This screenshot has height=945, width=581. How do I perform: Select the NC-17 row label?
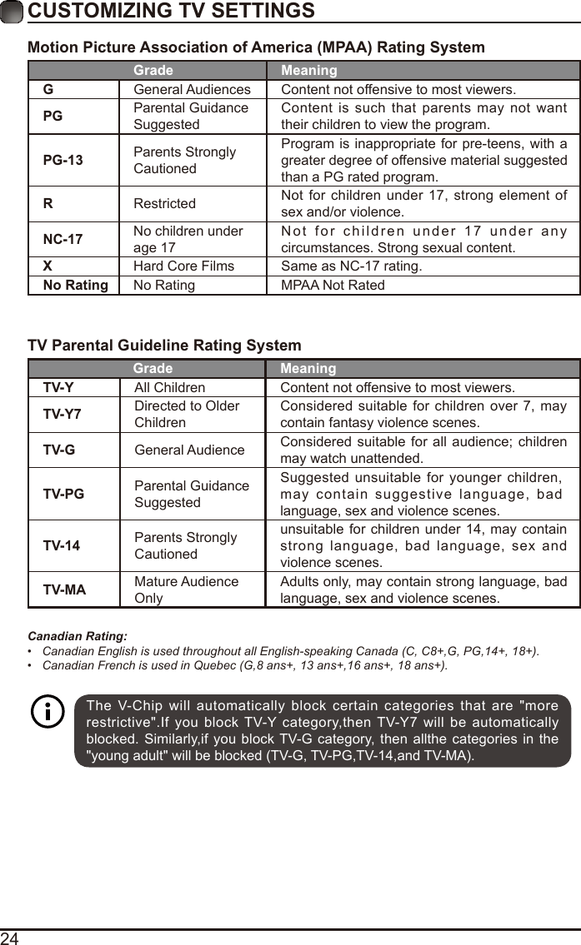(x=63, y=240)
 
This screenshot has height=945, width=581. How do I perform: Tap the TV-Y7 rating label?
(x=63, y=415)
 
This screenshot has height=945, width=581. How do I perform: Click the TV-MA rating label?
(x=64, y=590)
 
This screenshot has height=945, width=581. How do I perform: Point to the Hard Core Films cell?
(x=184, y=266)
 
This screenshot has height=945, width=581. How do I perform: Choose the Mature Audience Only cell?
(x=187, y=590)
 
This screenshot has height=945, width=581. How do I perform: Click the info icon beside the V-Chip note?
(x=48, y=713)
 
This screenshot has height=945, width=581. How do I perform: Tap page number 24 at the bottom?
(x=10, y=938)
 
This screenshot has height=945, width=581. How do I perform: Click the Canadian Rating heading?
(x=78, y=636)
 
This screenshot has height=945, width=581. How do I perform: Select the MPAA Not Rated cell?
(x=333, y=286)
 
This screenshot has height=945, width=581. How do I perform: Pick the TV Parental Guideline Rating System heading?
(x=165, y=346)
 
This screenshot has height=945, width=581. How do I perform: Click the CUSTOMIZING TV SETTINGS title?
(x=171, y=11)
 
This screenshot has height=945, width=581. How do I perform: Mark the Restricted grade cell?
(x=165, y=204)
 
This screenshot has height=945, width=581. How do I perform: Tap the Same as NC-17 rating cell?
(x=351, y=266)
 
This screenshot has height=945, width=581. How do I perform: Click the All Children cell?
(x=170, y=388)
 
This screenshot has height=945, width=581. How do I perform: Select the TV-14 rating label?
(x=62, y=546)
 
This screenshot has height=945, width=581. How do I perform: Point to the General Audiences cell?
(x=192, y=89)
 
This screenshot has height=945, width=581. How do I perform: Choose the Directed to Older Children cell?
(x=187, y=415)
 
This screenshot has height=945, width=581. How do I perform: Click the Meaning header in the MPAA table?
(x=308, y=71)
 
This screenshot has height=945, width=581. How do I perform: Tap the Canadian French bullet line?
(x=244, y=666)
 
